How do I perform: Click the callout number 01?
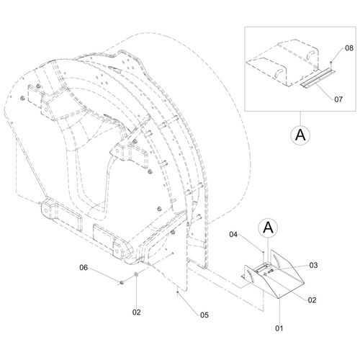coord(279,328)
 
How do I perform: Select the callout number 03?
coord(313,265)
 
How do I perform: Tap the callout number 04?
coord(233,234)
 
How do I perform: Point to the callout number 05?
coord(204,315)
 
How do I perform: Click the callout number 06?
coord(84,267)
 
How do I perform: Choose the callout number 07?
coord(338,99)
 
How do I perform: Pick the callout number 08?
coord(349,48)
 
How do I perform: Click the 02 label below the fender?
coord(137,312)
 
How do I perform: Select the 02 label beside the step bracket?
coord(312,300)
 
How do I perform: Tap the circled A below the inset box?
coord(300,135)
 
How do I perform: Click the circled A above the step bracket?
coord(269,228)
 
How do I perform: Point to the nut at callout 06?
coord(122,282)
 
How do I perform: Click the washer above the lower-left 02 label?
coord(136,274)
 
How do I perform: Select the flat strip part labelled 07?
coord(317,79)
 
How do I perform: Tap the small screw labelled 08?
coord(331,63)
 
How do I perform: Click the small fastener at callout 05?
coord(177,292)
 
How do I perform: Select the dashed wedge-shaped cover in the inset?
coord(282,64)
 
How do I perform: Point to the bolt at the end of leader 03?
coord(271,271)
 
